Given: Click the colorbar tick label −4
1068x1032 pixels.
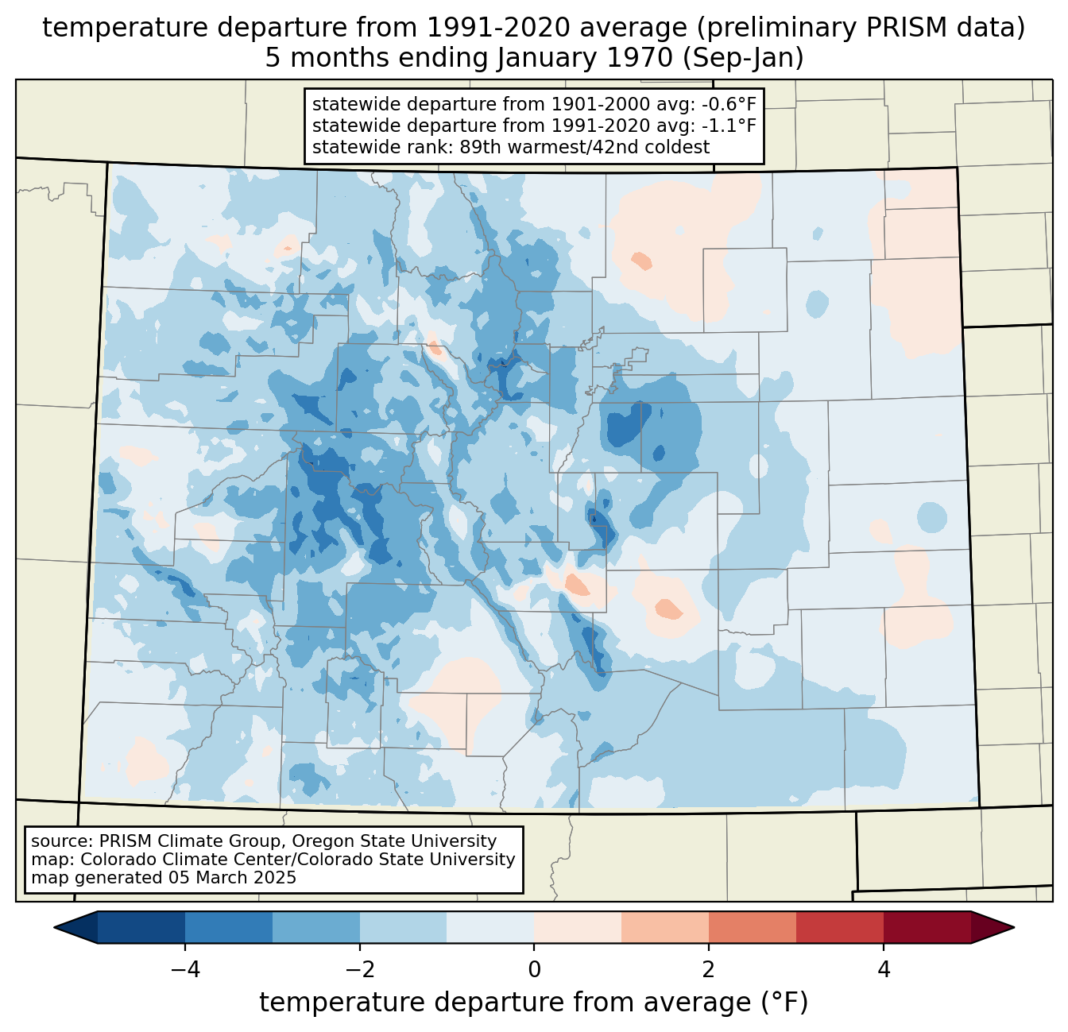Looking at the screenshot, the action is (185, 970).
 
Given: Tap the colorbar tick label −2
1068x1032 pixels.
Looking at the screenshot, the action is (360, 970).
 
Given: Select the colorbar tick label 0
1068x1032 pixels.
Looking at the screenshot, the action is (534, 970).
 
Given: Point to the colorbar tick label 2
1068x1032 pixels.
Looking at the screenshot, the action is (709, 970).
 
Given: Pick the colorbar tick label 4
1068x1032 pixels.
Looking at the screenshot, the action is (883, 970).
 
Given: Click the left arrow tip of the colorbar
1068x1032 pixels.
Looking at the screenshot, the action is (54, 928).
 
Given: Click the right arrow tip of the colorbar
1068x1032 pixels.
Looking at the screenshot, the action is (1014, 928).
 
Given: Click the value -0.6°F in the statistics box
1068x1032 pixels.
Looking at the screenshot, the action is (729, 104).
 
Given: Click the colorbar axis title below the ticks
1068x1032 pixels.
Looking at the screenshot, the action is (533, 1003).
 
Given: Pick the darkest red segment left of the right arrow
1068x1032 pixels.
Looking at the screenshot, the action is (927, 928).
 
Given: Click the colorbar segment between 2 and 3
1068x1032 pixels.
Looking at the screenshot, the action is (753, 928).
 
